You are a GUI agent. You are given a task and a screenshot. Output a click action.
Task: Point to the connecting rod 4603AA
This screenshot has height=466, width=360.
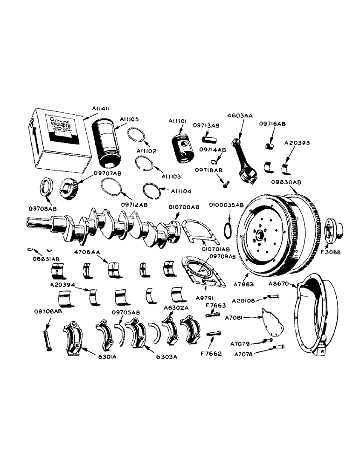(x=244, y=158)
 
